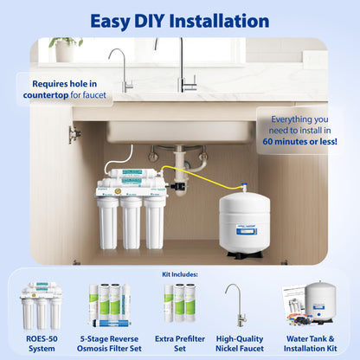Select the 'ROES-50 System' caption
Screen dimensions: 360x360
click(40, 343)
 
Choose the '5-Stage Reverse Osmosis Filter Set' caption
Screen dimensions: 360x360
click(109, 343)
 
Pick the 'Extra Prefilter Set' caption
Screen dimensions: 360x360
click(179, 343)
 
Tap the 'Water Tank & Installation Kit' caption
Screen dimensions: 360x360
click(317, 343)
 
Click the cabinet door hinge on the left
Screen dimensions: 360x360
click(75, 135)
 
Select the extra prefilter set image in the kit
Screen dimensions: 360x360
click(179, 303)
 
